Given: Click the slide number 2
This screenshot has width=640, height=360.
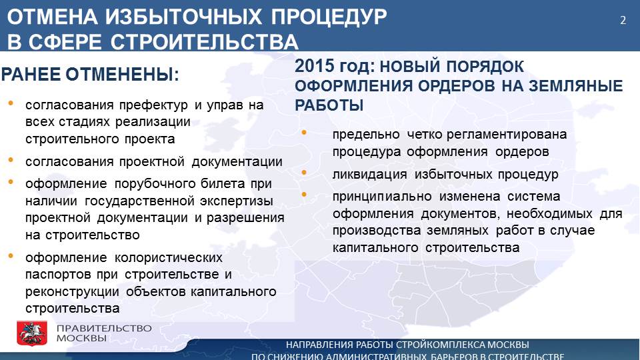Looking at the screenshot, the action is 623,21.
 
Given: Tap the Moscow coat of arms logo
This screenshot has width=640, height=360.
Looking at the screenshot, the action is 32,333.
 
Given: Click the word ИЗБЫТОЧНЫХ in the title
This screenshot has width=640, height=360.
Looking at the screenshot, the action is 183,17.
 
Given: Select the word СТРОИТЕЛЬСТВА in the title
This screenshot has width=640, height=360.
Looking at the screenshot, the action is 204,42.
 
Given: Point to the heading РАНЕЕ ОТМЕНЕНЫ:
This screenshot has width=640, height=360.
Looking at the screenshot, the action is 90,75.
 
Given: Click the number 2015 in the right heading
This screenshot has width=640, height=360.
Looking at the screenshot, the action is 314,66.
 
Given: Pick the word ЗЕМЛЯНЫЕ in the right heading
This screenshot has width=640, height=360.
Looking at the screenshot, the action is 576,86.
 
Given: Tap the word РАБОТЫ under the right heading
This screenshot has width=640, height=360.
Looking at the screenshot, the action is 329,106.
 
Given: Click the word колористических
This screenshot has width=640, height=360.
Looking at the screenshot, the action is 169,258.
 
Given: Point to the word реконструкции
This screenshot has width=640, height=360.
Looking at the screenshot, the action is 72,292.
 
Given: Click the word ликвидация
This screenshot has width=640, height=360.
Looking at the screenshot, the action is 370,175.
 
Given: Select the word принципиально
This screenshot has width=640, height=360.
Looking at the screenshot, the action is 382,197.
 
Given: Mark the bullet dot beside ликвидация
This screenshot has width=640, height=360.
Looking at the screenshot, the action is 304,173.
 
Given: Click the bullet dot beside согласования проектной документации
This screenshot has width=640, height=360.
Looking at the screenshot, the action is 11,160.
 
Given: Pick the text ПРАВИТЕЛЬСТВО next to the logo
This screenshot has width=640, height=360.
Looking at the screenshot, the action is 104,328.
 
